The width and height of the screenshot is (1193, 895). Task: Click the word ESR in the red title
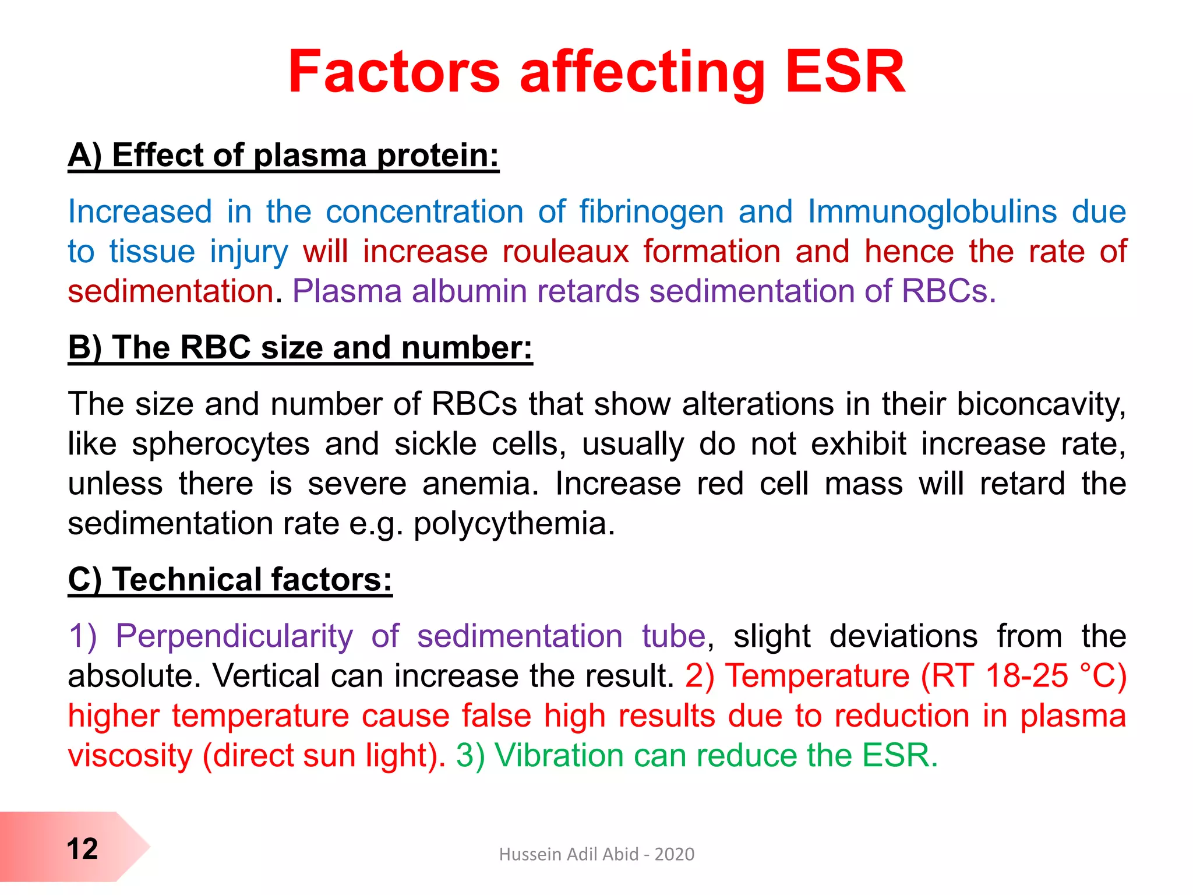pos(845,72)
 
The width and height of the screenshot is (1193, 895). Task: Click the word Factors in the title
pos(394,72)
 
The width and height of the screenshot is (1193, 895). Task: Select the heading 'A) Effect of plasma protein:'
pos(284,156)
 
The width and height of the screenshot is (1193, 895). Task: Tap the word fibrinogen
pos(651,212)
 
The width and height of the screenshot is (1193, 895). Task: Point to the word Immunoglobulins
pos(932,212)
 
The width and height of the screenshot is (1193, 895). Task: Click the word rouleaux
pos(566,252)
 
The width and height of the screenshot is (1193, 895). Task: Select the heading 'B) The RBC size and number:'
pos(300,348)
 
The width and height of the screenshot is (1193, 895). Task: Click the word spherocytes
pos(221,445)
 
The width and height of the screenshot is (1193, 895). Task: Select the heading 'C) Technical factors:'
pos(230,580)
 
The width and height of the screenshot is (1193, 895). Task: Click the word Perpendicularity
pos(234,636)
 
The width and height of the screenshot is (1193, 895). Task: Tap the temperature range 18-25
pos(1027,676)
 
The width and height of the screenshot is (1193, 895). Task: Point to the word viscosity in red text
pos(130,756)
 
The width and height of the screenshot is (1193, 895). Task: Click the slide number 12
pos(82,849)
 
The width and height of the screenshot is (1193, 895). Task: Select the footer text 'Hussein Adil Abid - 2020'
pos(596,854)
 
